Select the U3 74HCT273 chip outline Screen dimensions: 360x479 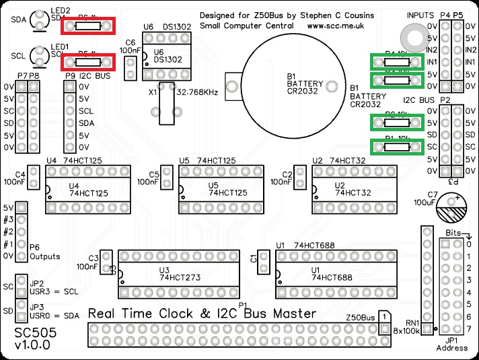pos(180,274)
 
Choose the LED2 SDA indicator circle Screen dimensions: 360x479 pos(44,20)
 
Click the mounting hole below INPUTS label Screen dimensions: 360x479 pos(410,35)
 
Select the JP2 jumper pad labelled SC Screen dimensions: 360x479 pos(21,286)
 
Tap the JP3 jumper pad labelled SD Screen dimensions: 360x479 pos(21,310)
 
